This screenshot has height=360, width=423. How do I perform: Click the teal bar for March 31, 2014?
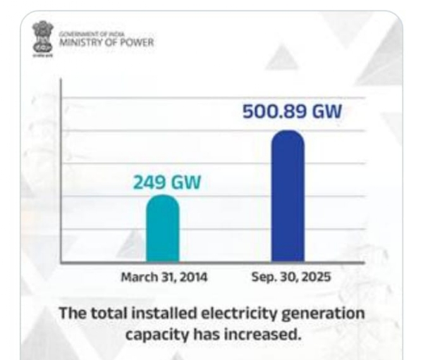click(162, 230)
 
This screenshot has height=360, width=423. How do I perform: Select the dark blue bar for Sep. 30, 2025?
click(288, 197)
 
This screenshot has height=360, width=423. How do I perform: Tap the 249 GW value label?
click(167, 182)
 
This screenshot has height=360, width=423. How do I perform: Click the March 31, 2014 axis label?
click(163, 277)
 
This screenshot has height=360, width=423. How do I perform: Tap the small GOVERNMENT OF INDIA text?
click(92, 33)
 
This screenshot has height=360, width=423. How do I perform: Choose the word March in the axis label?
click(136, 277)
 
